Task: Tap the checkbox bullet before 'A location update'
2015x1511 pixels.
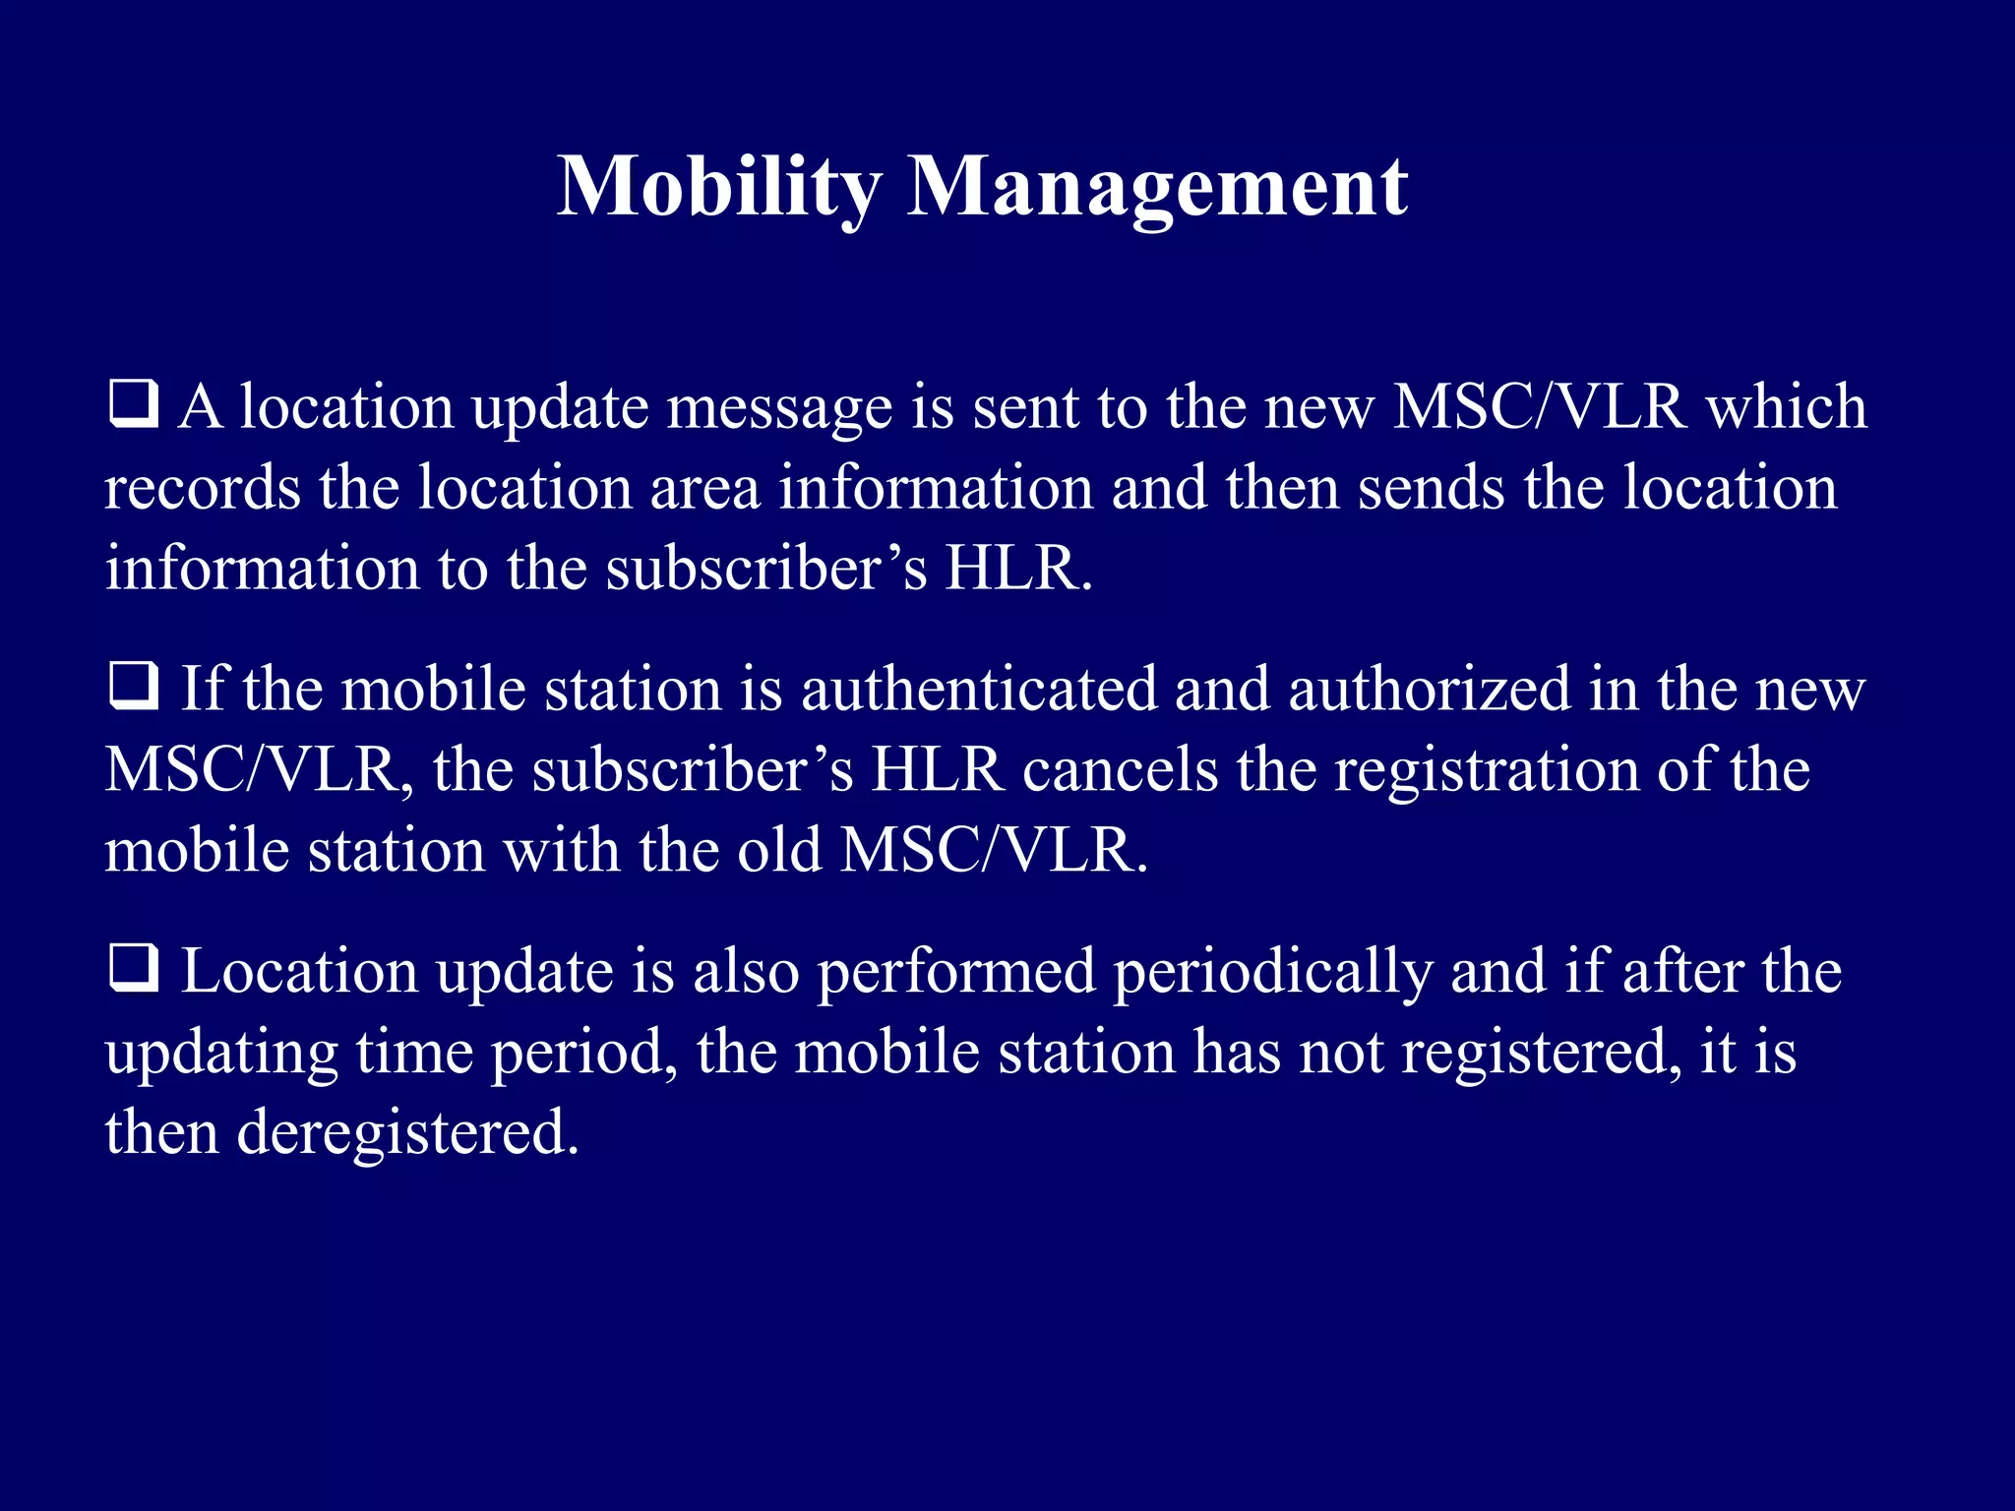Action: (133, 404)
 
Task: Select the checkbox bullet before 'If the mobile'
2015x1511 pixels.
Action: (133, 686)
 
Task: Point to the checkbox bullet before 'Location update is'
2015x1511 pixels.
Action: (133, 968)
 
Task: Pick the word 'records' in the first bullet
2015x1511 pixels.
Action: (203, 488)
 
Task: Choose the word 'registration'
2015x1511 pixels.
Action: (1487, 771)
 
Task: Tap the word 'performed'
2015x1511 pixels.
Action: (956, 973)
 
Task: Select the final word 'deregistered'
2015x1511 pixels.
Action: (407, 1133)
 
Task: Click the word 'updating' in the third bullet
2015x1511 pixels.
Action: (221, 1054)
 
